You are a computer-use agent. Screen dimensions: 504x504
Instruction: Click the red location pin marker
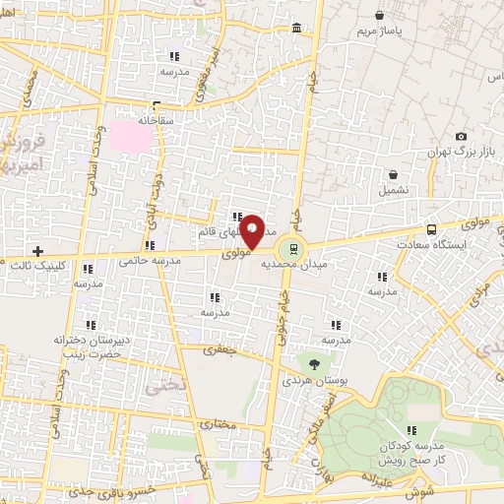point(252,229)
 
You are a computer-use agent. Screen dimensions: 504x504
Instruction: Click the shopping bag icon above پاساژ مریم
point(380,15)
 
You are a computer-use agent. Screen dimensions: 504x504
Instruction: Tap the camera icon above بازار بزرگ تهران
point(461,137)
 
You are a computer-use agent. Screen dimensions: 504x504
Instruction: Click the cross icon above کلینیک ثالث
point(37,251)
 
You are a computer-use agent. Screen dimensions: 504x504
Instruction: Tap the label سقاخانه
point(155,120)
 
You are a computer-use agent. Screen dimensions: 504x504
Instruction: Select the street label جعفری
point(215,349)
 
